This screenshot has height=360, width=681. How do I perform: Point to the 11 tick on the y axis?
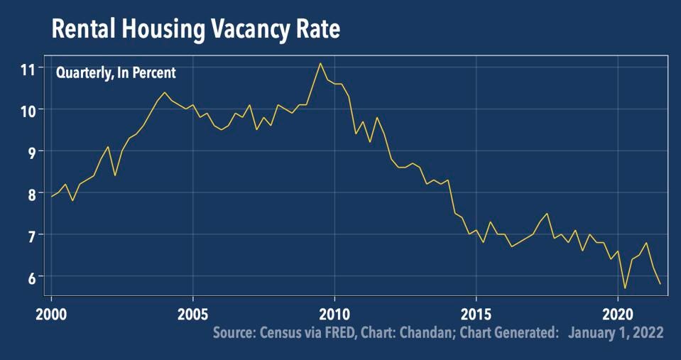click(x=28, y=69)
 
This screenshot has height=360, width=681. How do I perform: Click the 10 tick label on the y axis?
click(x=28, y=110)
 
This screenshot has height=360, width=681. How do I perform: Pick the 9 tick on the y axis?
click(x=31, y=151)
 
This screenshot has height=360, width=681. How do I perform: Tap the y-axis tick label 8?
click(x=31, y=193)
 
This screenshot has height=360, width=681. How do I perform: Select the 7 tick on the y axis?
click(x=31, y=235)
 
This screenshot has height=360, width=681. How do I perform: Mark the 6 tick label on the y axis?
click(x=31, y=276)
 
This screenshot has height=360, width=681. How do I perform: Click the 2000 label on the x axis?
click(x=51, y=313)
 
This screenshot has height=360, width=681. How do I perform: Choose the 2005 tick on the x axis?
click(x=192, y=313)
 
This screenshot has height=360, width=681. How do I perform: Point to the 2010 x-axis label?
click(x=334, y=313)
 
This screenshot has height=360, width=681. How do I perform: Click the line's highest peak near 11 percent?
click(x=320, y=63)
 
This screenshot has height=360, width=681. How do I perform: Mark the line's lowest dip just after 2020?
click(x=625, y=288)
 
